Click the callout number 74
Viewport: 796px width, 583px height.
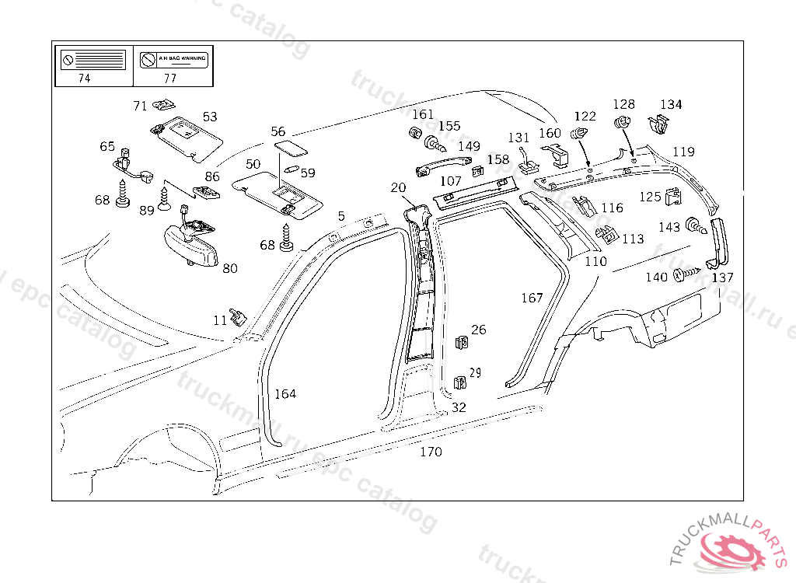pyautogui.click(x=84, y=78)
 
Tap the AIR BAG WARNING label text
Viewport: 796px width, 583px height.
pyautogui.click(x=183, y=59)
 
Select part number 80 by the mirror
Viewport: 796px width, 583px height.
pyautogui.click(x=230, y=269)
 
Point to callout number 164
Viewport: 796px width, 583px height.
pyautogui.click(x=285, y=394)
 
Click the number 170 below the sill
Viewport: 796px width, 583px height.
pyautogui.click(x=431, y=452)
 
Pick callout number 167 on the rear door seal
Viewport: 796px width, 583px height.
pyautogui.click(x=532, y=298)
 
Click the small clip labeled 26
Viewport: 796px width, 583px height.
pyautogui.click(x=462, y=342)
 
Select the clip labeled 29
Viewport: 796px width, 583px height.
pyautogui.click(x=459, y=382)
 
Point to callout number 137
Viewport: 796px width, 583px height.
pyautogui.click(x=722, y=278)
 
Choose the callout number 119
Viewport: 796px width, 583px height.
pyautogui.click(x=683, y=152)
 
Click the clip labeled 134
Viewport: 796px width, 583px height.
pyautogui.click(x=659, y=124)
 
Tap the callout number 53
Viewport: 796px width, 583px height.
pyautogui.click(x=210, y=117)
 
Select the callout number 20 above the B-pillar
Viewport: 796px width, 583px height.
pyautogui.click(x=398, y=187)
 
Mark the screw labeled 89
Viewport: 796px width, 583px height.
pyautogui.click(x=164, y=199)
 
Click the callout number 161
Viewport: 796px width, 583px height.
pyautogui.click(x=423, y=115)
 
